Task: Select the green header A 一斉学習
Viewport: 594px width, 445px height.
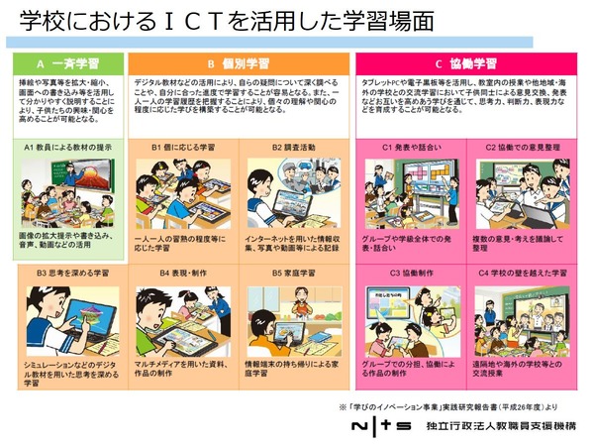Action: (x=67, y=60)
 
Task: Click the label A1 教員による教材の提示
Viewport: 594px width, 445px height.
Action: (x=66, y=147)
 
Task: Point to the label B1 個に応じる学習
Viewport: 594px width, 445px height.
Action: (x=183, y=147)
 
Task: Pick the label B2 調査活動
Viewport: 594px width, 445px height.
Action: (x=293, y=147)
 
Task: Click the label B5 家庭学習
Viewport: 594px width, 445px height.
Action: (x=293, y=271)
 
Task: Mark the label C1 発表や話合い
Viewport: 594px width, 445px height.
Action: (x=408, y=147)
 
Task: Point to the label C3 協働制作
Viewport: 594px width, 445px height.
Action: (x=408, y=271)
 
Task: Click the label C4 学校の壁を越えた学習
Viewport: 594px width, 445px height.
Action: (x=522, y=271)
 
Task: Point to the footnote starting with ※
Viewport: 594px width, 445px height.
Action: (x=465, y=406)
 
